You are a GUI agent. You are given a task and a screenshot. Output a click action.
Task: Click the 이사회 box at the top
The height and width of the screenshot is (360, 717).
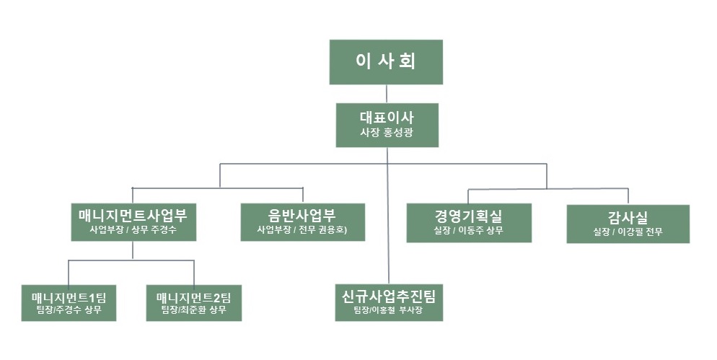(386, 62)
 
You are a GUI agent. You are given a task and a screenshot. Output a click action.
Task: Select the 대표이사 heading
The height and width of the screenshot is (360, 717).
(386, 116)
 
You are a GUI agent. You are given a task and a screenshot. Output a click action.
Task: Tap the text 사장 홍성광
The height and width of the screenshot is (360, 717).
(386, 133)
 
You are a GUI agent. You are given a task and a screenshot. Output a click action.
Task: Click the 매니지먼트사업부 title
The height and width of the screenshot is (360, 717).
(133, 214)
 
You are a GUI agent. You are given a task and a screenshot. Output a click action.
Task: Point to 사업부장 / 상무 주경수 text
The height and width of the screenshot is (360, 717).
(133, 231)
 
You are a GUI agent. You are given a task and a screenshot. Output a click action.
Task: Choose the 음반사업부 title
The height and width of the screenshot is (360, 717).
(302, 214)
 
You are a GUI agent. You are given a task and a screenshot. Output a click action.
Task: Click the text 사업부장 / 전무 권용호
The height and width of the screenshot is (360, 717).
(302, 231)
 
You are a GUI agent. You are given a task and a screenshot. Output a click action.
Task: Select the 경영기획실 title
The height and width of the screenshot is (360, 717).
(469, 215)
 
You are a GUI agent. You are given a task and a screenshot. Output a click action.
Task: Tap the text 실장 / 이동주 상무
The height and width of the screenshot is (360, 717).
(469, 231)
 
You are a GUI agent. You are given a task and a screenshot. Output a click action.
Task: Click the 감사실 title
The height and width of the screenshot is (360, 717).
(628, 216)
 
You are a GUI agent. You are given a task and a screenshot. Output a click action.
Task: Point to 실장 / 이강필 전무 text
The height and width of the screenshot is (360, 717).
(628, 232)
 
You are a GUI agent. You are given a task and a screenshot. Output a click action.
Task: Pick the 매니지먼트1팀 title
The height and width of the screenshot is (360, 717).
(69, 297)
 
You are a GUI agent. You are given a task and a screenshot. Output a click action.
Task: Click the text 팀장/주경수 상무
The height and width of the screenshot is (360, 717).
(69, 312)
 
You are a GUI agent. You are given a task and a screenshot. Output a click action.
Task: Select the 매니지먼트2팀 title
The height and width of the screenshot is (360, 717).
(193, 297)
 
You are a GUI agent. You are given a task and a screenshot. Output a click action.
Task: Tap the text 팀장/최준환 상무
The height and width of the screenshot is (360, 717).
(193, 312)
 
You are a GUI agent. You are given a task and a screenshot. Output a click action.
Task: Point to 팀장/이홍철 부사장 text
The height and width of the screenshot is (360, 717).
(389, 312)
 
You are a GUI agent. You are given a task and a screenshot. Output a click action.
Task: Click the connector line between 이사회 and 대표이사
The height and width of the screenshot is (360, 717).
(387, 94)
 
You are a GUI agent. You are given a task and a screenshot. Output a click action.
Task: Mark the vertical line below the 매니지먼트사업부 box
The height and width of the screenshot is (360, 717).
(133, 250)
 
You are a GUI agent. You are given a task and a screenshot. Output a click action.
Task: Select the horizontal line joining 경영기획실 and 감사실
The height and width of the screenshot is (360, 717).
(548, 189)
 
